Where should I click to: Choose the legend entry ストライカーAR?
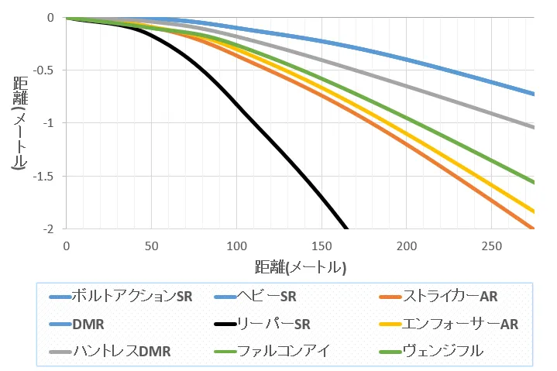pyautogui.click(x=449, y=296)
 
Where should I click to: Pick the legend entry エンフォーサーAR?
pyautogui.click(x=460, y=323)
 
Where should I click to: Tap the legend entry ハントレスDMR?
pyautogui.click(x=119, y=350)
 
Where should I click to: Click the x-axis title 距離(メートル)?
pyautogui.click(x=300, y=268)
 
